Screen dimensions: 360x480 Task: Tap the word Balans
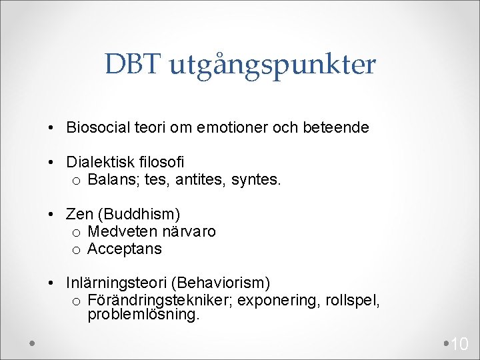111,179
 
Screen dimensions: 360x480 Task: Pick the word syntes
258,180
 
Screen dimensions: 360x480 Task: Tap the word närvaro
187,231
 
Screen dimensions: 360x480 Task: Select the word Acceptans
125,249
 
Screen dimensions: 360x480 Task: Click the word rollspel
353,301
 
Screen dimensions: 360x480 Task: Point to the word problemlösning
143,315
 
